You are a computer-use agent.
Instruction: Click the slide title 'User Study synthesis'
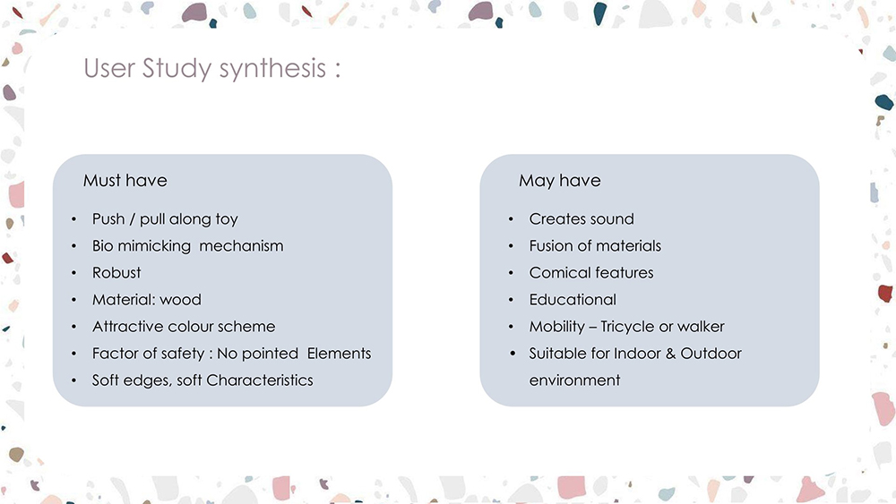click(204, 69)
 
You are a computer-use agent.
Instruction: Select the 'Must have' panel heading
click(125, 180)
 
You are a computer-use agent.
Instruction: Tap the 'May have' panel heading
click(559, 181)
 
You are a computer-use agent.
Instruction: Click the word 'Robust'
click(116, 273)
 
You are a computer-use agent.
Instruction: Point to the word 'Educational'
click(573, 300)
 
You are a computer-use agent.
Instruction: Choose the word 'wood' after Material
click(181, 300)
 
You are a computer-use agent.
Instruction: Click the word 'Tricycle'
click(627, 327)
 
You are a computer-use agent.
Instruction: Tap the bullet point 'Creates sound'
click(582, 219)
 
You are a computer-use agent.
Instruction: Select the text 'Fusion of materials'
click(595, 246)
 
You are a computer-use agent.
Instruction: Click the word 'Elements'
click(339, 354)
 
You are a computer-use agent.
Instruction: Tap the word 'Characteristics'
click(260, 380)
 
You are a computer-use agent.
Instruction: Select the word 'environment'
click(574, 380)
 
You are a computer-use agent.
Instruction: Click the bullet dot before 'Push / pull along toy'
click(73, 219)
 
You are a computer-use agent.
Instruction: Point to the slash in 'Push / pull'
click(132, 219)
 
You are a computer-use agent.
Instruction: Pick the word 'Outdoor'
click(711, 354)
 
